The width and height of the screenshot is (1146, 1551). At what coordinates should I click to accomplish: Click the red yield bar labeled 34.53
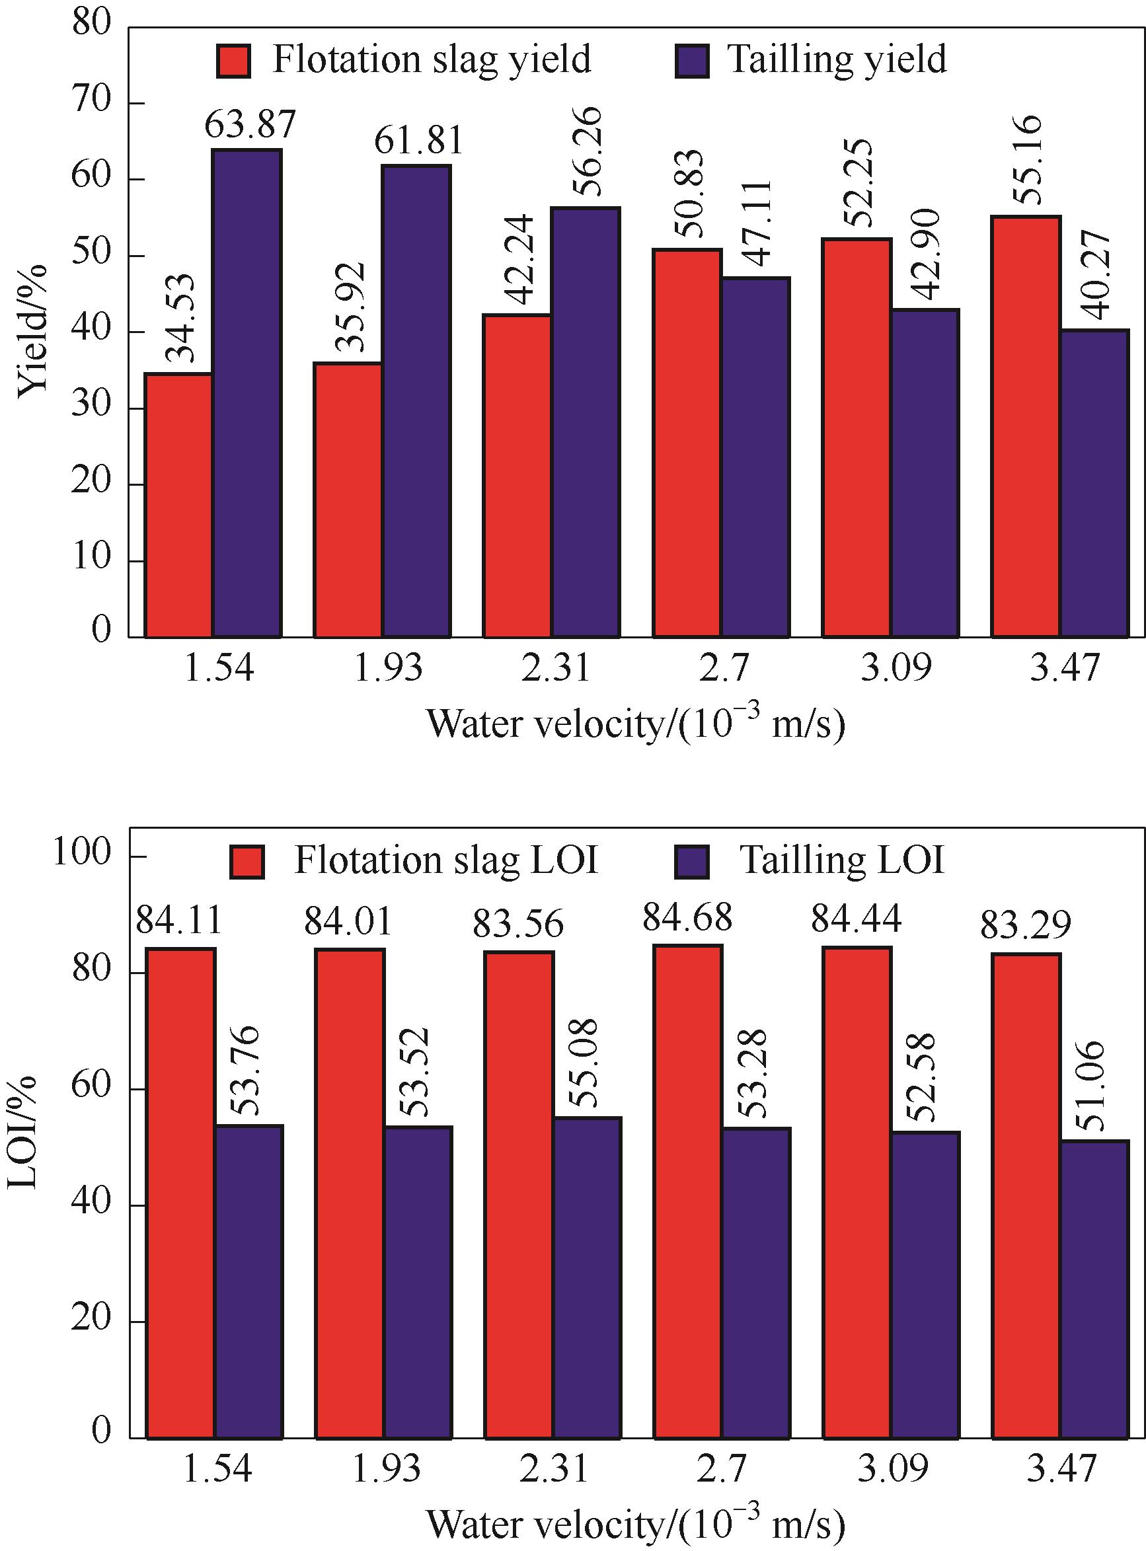pos(178,505)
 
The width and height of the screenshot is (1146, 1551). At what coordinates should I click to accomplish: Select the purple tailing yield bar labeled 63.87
pos(247,393)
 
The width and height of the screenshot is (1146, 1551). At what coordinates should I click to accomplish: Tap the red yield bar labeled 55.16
pos(1025,427)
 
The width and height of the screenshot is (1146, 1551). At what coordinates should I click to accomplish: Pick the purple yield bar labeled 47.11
pos(755,457)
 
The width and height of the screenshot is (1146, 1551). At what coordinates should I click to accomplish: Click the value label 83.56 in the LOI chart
pos(518,925)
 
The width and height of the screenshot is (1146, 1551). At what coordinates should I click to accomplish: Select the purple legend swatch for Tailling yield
pos(691,61)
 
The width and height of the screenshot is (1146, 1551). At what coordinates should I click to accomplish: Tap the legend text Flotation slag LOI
pos(446,861)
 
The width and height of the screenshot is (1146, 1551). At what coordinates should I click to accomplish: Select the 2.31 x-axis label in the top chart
pos(555,669)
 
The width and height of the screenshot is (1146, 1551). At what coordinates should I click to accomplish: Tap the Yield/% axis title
pos(32,331)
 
